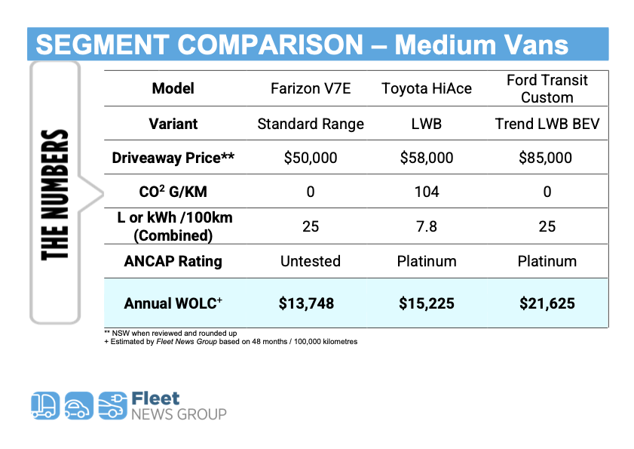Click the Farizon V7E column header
pos(311,88)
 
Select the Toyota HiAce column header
pos(427,88)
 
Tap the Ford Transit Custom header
pos(547,88)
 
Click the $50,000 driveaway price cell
pos(311,158)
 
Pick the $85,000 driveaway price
pos(547,158)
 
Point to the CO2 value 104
pos(427,192)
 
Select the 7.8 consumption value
pos(427,226)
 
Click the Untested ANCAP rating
pos(311,261)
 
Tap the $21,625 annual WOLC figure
pos(547,303)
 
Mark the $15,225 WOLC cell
pos(427,303)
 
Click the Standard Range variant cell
pos(311,124)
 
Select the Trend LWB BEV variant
pos(547,124)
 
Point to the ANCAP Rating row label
pos(173,261)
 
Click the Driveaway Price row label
pos(173,158)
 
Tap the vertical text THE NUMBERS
pos(55,195)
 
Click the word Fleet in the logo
pos(155,398)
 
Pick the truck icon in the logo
pos(44,406)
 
